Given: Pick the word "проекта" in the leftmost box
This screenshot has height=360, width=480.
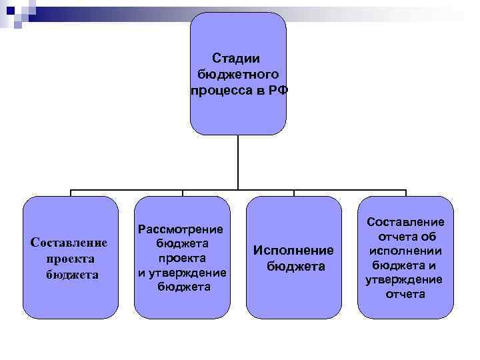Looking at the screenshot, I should coord(71,259).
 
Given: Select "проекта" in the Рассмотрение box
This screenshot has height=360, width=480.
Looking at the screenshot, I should coord(182,258).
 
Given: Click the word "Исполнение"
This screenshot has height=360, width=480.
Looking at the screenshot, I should coord(293,251).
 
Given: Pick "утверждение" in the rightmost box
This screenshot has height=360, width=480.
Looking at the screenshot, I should coord(404,280).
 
